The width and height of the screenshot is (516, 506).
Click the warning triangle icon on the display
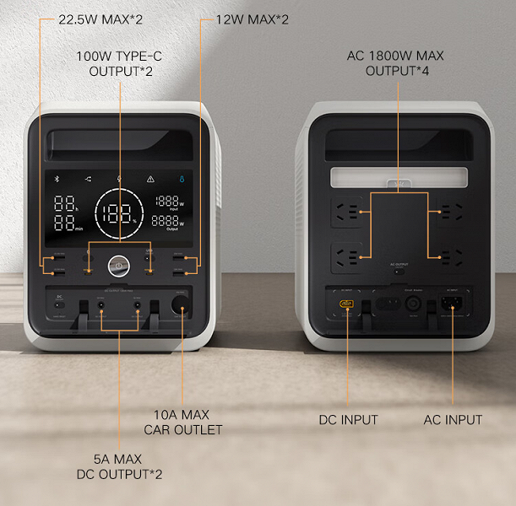151,179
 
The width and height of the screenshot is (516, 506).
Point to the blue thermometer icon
182,179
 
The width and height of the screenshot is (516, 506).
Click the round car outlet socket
180,305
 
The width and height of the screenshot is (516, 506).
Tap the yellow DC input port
345,304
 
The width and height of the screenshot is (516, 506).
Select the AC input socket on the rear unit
447,306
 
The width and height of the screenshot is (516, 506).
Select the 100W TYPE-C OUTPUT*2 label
120,63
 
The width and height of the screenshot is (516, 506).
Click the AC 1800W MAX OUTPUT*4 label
395,63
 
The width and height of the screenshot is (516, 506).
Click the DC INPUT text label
348,419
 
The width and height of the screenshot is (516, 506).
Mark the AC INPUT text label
453,419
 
